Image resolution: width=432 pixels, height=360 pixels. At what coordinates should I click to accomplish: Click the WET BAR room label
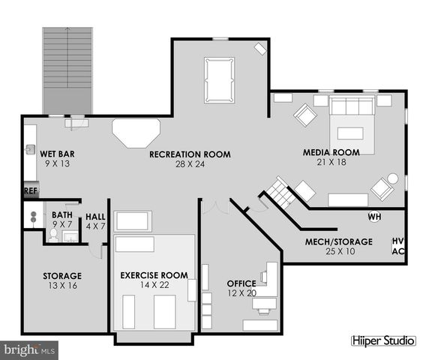tap(57, 154)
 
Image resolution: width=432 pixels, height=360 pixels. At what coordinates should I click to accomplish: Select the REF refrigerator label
tap(31, 190)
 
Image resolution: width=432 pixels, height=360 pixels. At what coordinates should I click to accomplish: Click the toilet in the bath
tap(52, 235)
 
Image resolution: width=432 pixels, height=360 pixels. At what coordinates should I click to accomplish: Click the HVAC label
tap(397, 246)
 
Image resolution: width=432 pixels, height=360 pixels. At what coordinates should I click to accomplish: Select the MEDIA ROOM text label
tap(331, 152)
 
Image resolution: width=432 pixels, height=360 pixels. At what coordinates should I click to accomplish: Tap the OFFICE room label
tap(241, 283)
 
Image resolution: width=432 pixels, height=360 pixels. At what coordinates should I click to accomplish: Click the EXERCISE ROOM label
tap(154, 275)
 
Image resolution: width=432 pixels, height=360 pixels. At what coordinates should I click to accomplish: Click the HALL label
tap(95, 217)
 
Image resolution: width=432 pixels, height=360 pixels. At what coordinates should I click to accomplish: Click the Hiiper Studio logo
tap(382, 340)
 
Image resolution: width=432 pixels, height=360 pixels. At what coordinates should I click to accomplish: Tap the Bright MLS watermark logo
tap(30, 349)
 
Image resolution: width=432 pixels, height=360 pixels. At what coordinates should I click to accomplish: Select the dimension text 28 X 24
tap(189, 164)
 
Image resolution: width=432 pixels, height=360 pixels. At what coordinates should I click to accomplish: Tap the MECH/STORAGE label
tap(338, 241)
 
